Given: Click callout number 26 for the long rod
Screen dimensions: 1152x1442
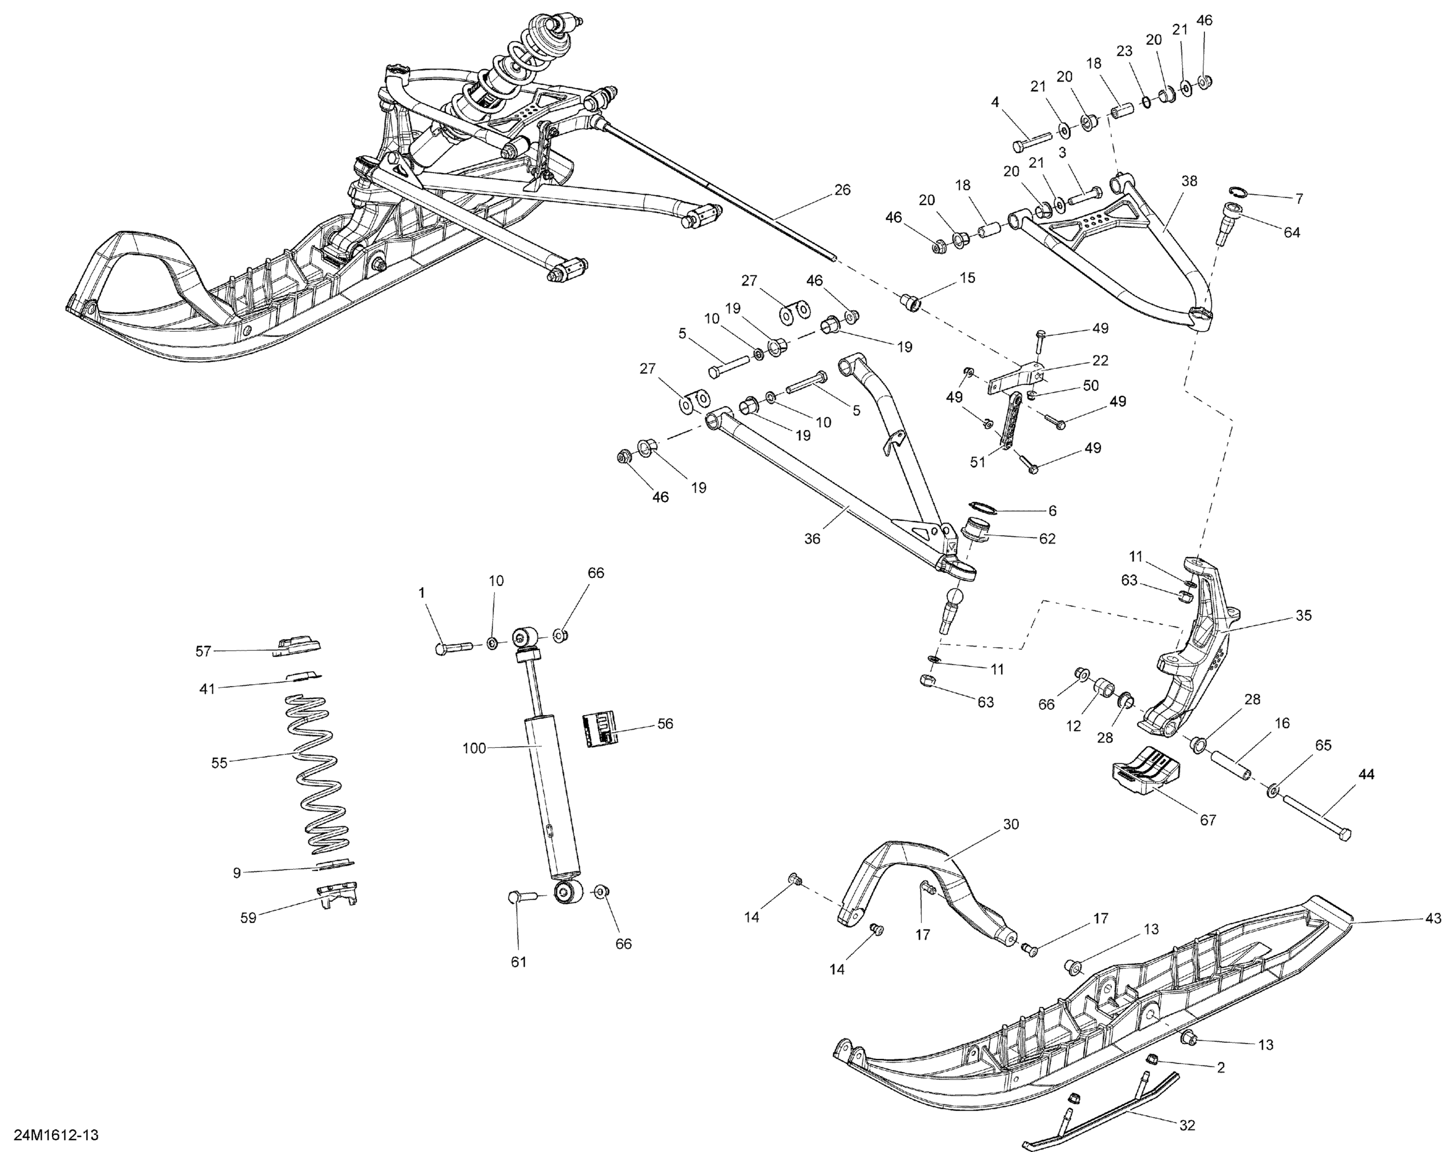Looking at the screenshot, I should [x=842, y=190].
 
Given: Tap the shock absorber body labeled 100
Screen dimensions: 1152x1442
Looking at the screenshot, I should [x=552, y=796].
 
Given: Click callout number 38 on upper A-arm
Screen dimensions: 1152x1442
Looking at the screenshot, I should [x=1189, y=181].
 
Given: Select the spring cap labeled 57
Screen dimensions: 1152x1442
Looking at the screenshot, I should [x=298, y=645].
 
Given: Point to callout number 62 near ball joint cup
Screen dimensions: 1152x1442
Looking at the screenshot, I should [x=1047, y=538].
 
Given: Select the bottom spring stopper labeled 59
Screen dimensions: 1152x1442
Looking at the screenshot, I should [x=338, y=894].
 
